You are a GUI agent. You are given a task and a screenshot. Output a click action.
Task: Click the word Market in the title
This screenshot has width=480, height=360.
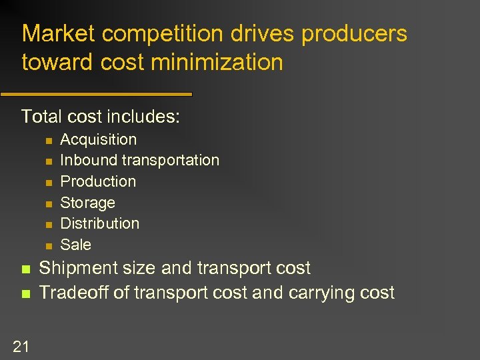[59, 34]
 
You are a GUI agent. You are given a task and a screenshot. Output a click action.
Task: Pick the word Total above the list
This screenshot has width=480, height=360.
[41, 117]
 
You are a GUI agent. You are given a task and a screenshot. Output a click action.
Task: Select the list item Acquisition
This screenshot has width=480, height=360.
[98, 139]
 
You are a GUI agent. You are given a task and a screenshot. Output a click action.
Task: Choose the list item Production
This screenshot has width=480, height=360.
[98, 181]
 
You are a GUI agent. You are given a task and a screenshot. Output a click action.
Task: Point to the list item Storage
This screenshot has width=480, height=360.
[87, 203]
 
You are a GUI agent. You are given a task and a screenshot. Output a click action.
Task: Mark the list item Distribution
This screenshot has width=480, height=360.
[100, 223]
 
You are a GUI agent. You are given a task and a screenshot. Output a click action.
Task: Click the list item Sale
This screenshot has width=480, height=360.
[75, 245]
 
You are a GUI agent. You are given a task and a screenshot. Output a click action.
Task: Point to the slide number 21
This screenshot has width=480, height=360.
[21, 345]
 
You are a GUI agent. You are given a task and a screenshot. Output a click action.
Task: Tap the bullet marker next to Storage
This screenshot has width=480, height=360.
[47, 203]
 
